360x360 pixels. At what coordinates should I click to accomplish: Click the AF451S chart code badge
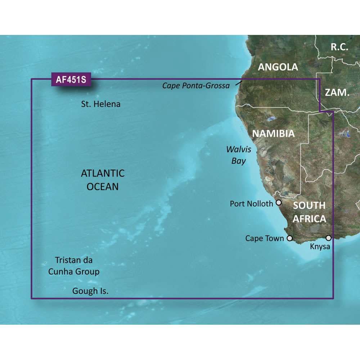71,80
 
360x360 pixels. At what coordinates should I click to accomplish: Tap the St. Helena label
100,104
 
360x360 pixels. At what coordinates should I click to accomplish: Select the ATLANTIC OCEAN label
103,180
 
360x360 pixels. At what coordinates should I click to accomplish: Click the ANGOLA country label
278,67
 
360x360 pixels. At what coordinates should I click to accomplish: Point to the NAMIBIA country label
273,134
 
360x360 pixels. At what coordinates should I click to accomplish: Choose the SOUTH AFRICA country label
309,212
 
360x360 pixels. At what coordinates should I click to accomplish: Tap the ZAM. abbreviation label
337,92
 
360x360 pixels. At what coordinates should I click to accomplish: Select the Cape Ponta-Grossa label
196,86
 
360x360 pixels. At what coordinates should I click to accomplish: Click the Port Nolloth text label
251,204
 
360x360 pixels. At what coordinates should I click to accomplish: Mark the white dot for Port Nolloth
279,203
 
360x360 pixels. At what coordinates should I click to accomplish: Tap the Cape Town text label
264,238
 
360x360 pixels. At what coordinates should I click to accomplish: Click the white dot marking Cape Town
289,238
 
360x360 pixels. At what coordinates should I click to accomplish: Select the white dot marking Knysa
328,238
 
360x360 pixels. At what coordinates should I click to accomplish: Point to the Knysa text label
320,247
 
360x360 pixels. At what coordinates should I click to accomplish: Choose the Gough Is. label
90,291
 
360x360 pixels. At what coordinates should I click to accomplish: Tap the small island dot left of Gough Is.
64,288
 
